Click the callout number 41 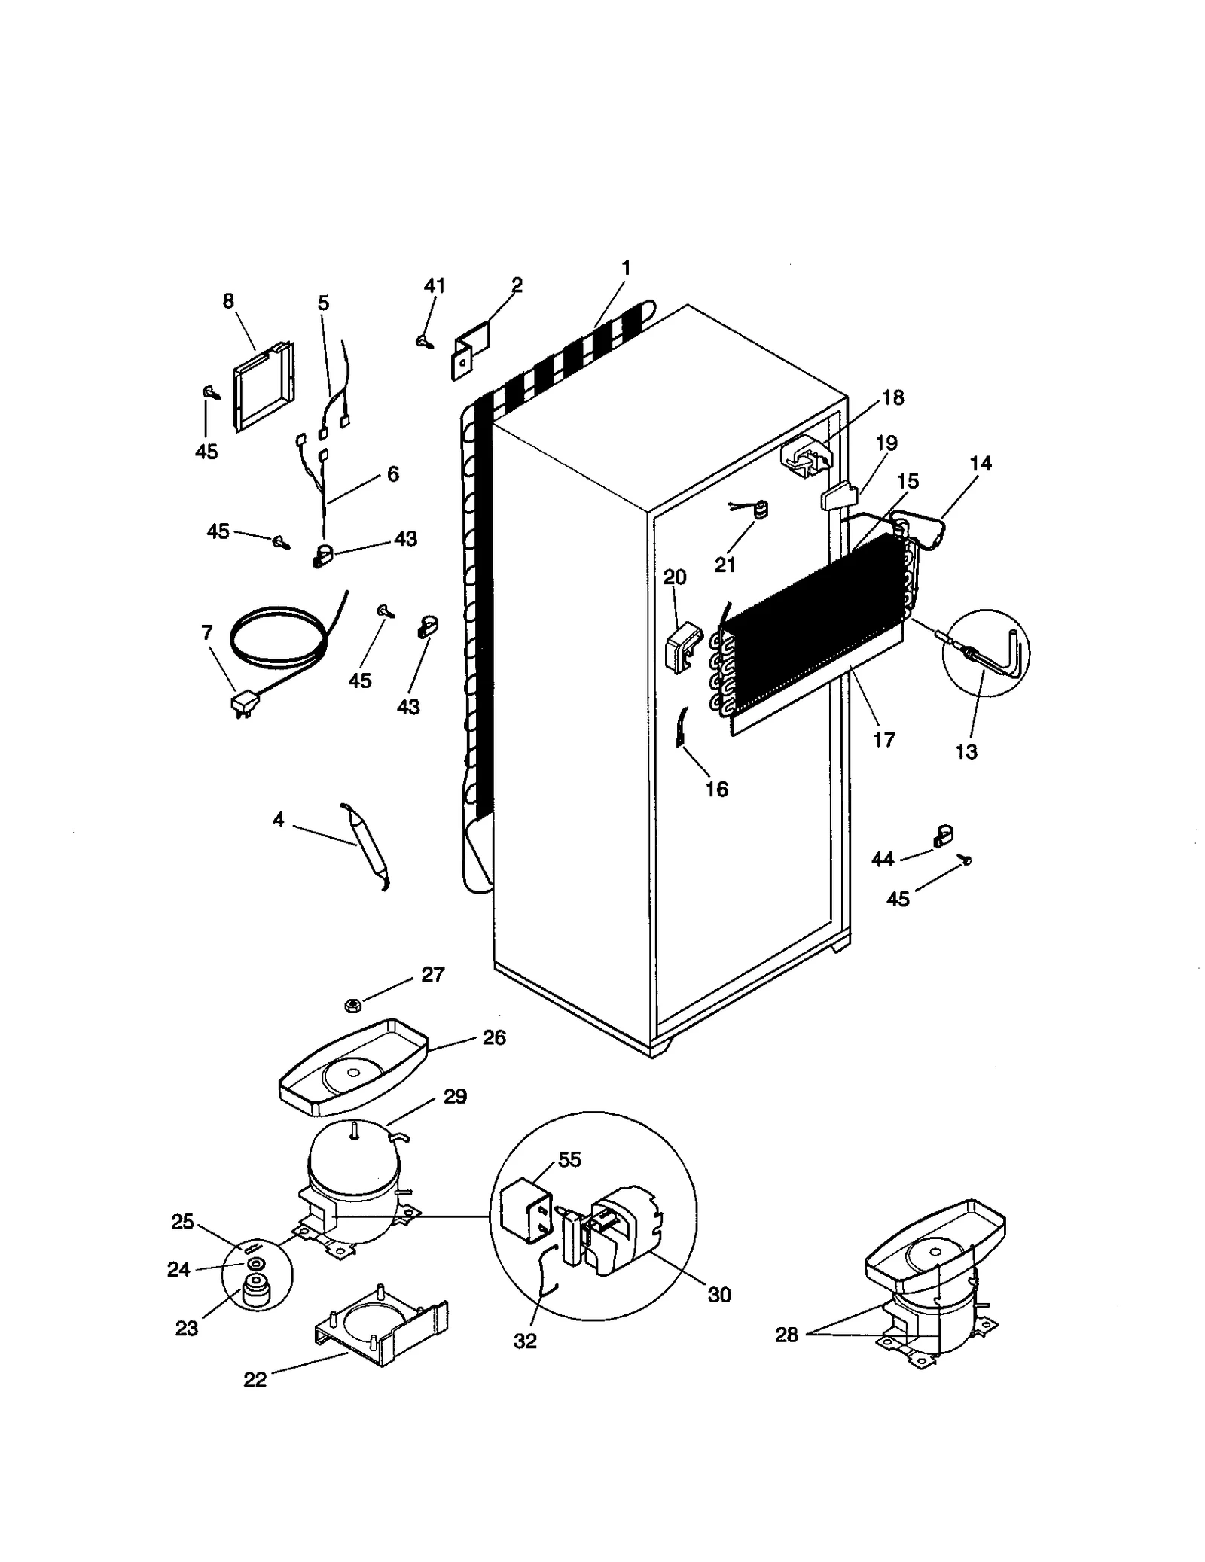coord(435,286)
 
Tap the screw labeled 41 coord(423,341)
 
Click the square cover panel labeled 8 coord(261,388)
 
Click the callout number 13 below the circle coord(966,751)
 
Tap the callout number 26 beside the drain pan coord(494,1037)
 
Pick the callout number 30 coord(720,1294)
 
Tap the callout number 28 coord(786,1335)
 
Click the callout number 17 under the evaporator coord(883,739)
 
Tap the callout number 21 coord(725,564)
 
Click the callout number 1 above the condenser coord(626,267)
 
